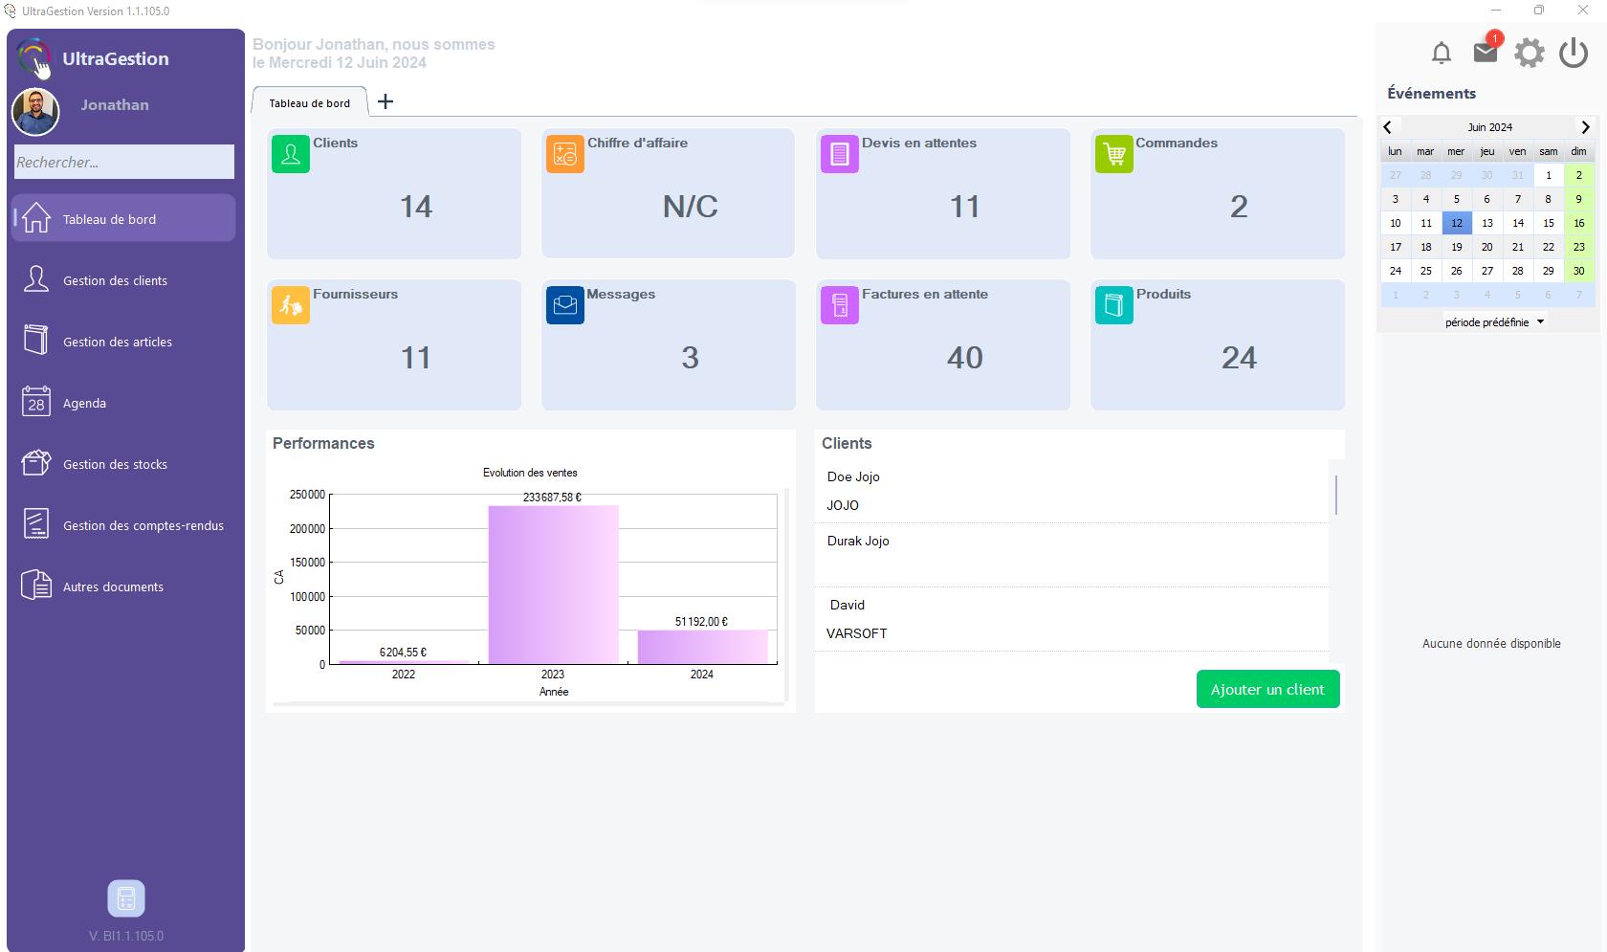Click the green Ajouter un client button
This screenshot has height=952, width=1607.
pyautogui.click(x=1267, y=689)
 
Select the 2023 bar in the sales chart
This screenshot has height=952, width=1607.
pyautogui.click(x=553, y=585)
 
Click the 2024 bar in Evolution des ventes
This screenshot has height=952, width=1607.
pyautogui.click(x=702, y=647)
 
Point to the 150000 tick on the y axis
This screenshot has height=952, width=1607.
pyautogui.click(x=307, y=563)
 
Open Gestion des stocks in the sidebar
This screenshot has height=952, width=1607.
pyautogui.click(x=115, y=464)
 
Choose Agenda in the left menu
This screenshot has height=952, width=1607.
pyautogui.click(x=84, y=403)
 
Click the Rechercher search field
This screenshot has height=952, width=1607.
pyautogui.click(x=124, y=162)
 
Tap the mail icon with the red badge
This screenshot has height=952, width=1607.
pyautogui.click(x=1486, y=52)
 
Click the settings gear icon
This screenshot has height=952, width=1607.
pyautogui.click(x=1529, y=53)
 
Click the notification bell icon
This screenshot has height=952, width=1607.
pyautogui.click(x=1442, y=53)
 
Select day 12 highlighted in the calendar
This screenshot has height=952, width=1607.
pyautogui.click(x=1456, y=223)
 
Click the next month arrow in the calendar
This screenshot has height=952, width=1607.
pyautogui.click(x=1585, y=127)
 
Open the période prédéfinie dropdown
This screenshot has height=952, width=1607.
pyautogui.click(x=1494, y=322)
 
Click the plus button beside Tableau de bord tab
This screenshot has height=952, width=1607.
pyautogui.click(x=385, y=101)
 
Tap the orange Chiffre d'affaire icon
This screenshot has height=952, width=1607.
pyautogui.click(x=564, y=153)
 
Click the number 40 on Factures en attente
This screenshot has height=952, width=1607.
pyautogui.click(x=964, y=357)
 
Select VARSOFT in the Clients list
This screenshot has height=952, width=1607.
pyautogui.click(x=857, y=633)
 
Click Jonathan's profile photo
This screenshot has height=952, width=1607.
pyautogui.click(x=35, y=112)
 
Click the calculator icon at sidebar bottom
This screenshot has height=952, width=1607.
pyautogui.click(x=126, y=898)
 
